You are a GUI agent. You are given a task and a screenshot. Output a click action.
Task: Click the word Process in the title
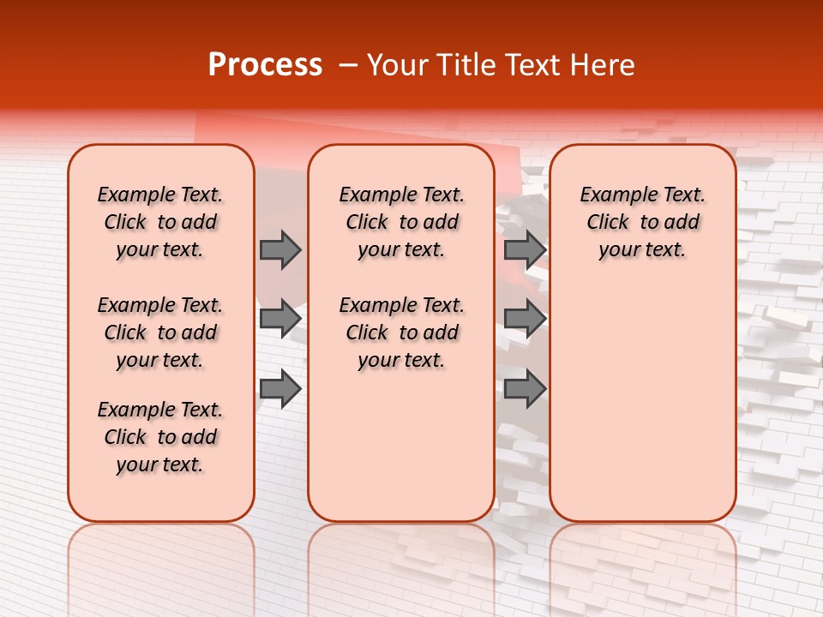pyautogui.click(x=265, y=65)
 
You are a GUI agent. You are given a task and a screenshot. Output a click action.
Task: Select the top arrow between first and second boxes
pyautogui.click(x=280, y=249)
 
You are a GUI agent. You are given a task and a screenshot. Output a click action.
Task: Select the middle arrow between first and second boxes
pyautogui.click(x=280, y=319)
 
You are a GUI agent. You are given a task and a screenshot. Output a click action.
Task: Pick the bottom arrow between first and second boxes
pyautogui.click(x=280, y=389)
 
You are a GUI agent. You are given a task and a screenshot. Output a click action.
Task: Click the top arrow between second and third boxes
pyautogui.click(x=525, y=249)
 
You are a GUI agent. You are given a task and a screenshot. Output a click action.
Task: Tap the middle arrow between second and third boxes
pyautogui.click(x=525, y=319)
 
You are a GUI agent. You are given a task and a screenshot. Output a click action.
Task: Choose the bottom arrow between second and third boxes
pyautogui.click(x=525, y=389)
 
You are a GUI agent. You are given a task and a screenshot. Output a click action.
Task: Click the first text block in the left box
pyautogui.click(x=160, y=222)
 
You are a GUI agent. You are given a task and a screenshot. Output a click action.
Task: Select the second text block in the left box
pyautogui.click(x=160, y=332)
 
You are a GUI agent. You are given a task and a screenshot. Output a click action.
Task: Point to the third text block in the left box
pyautogui.click(x=160, y=437)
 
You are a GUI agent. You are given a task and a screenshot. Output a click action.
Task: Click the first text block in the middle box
pyautogui.click(x=401, y=222)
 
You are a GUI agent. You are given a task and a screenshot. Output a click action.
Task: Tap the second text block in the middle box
pyautogui.click(x=401, y=332)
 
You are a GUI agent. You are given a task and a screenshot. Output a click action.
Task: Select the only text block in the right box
pyautogui.click(x=642, y=222)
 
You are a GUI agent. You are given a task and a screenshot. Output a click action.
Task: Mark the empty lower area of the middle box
pyautogui.click(x=401, y=446)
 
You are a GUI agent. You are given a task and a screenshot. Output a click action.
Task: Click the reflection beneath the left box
pyautogui.click(x=160, y=557)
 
